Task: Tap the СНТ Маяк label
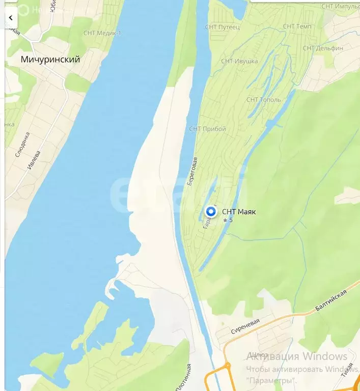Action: pyautogui.click(x=239, y=212)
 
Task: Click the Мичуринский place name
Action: pyautogui.click(x=50, y=60)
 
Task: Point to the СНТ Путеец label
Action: pyautogui.click(x=222, y=27)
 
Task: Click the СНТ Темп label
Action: pyautogui.click(x=297, y=26)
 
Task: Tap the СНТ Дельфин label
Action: pyautogui.click(x=323, y=48)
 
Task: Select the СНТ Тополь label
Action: pyautogui.click(x=263, y=100)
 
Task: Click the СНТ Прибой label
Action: pyautogui.click(x=207, y=129)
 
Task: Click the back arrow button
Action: pyautogui.click(x=11, y=18)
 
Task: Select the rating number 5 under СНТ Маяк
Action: pyautogui.click(x=231, y=220)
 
